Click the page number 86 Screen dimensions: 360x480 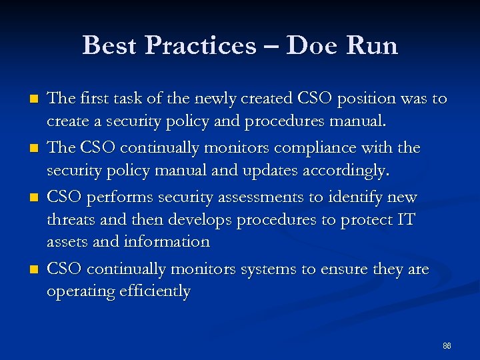coord(447,346)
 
